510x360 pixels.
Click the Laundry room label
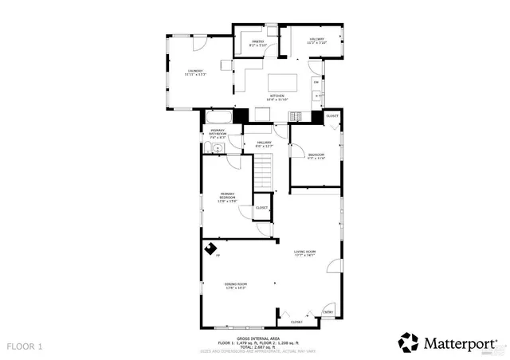coord(195,72)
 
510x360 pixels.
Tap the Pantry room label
coord(257,44)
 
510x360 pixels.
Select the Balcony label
coord(316,41)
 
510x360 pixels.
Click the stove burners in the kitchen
coord(317,96)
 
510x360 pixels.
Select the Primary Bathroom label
coord(218,134)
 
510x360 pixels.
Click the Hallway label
coord(265,144)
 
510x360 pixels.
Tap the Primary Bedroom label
coord(228,197)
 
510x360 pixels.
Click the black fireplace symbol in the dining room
coord(212,249)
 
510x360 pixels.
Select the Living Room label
coord(305,253)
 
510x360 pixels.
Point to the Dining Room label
coord(235,285)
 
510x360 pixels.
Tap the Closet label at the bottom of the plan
coord(296,322)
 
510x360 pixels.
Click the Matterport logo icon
coord(408,342)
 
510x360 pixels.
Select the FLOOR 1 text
coord(25,346)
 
